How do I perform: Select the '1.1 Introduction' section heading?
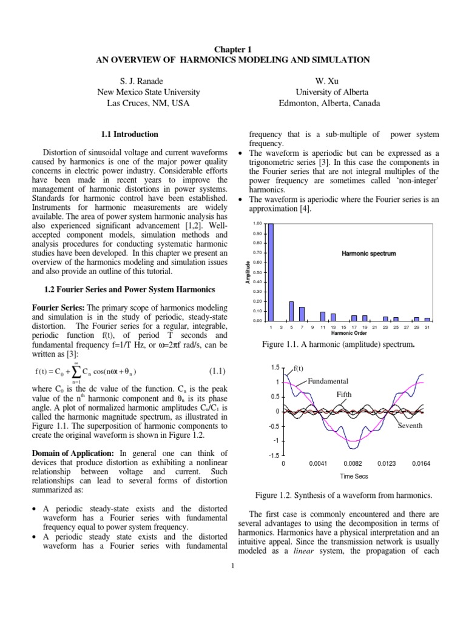click(x=128, y=134)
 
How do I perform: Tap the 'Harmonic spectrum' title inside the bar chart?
click(x=369, y=253)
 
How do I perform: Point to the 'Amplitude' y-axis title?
click(x=248, y=272)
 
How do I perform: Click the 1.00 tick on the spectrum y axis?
click(x=257, y=224)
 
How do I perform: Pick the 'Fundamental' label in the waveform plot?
click(x=328, y=381)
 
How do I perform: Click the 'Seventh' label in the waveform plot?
click(x=410, y=426)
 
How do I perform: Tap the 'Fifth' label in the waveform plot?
click(x=344, y=394)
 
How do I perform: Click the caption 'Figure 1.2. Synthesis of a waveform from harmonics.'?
click(x=346, y=495)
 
